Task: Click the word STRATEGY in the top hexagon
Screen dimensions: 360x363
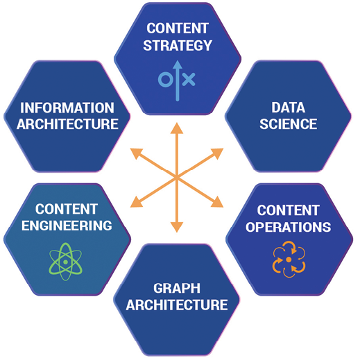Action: click(x=178, y=45)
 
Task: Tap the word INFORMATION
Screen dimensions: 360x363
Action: click(x=67, y=108)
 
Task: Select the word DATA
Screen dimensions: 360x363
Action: click(x=288, y=108)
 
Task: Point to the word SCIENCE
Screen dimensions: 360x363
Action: click(x=288, y=124)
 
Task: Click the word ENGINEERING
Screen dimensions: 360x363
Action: click(x=67, y=226)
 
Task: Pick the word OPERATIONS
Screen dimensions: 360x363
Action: click(x=288, y=227)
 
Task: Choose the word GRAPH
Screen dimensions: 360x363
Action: click(x=177, y=289)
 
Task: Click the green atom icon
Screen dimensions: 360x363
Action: click(x=65, y=262)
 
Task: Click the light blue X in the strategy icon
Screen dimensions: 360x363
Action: click(x=189, y=79)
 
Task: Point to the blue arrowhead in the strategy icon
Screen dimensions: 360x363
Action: click(x=178, y=65)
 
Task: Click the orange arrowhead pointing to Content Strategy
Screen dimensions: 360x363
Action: click(x=177, y=128)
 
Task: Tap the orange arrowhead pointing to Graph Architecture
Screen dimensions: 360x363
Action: click(x=177, y=227)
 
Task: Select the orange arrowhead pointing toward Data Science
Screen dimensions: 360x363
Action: click(x=218, y=153)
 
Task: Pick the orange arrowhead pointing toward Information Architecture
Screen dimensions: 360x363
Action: click(x=136, y=153)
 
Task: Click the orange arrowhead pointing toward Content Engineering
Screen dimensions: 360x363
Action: click(x=136, y=202)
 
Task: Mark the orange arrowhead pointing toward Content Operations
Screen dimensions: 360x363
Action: click(x=218, y=202)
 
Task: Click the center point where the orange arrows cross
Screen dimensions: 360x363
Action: click(x=177, y=177)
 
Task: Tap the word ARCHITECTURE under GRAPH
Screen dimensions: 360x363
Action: click(x=177, y=305)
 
